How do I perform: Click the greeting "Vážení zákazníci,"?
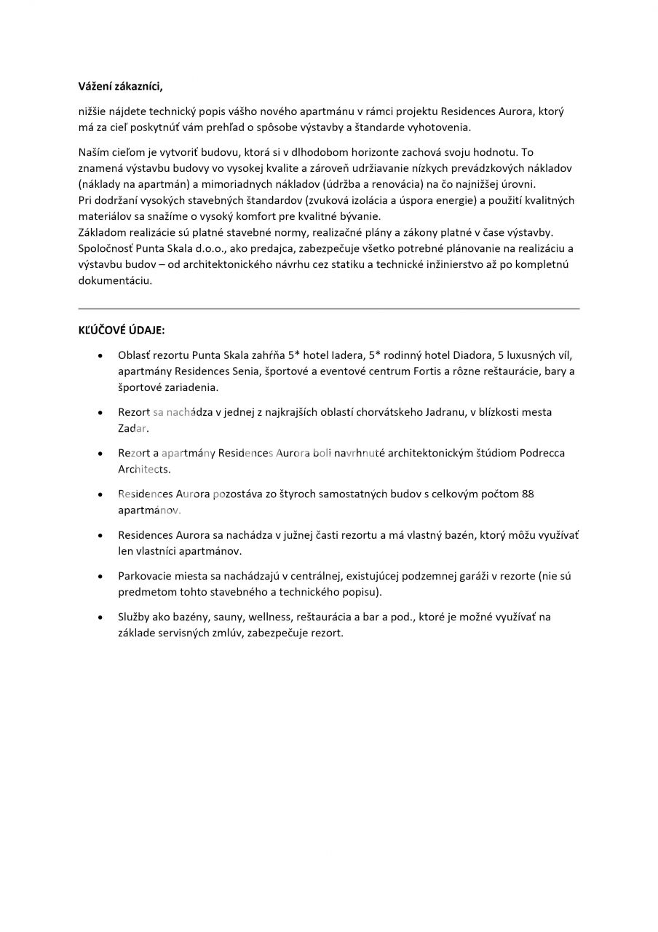[120, 87]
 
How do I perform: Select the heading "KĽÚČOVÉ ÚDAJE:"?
[122, 331]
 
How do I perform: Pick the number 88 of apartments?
[528, 494]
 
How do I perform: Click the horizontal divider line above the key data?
[329, 309]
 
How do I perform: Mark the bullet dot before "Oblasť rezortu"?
[100, 357]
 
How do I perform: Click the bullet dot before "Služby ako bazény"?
[100, 617]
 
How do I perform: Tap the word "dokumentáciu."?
[115, 280]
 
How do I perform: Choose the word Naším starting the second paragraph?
[94, 152]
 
